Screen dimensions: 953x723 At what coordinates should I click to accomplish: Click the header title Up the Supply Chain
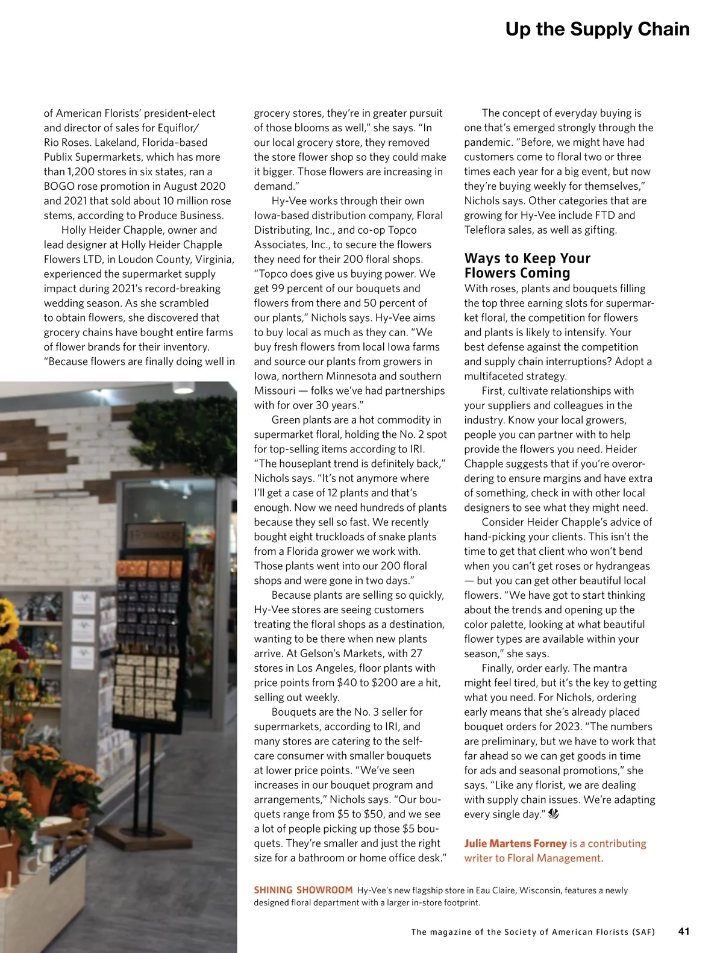pos(597,29)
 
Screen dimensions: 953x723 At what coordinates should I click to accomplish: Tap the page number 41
pos(684,931)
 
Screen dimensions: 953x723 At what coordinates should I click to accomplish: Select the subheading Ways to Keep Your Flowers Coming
pos(527,266)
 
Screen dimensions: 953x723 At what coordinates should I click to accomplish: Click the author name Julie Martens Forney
pos(515,843)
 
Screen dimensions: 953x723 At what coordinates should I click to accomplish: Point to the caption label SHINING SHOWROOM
pos(303,890)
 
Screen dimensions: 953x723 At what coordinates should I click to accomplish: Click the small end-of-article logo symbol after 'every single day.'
pos(554,814)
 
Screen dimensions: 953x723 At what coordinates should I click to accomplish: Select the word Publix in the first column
pos(60,157)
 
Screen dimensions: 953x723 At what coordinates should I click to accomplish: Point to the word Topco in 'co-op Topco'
pos(402,230)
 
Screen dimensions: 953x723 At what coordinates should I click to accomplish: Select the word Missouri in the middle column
pos(275,391)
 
